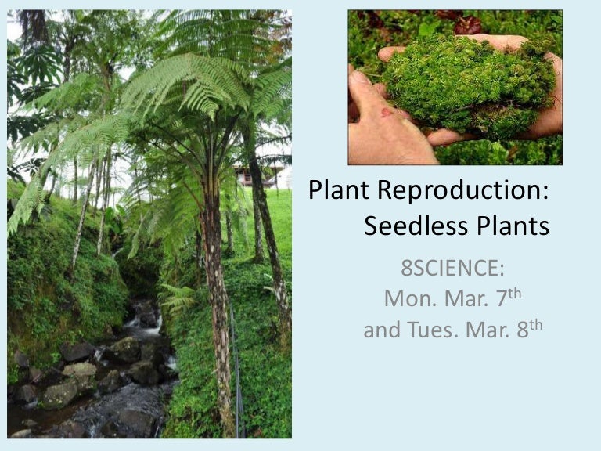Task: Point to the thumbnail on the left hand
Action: click(358, 78)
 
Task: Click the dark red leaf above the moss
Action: click(469, 24)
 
